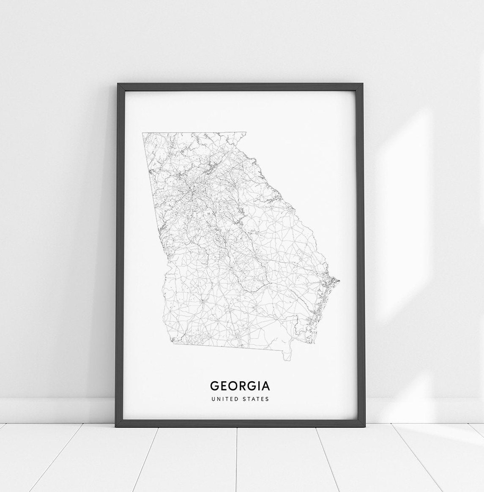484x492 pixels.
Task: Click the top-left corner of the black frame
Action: (118, 84)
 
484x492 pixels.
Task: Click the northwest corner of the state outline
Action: (143, 133)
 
